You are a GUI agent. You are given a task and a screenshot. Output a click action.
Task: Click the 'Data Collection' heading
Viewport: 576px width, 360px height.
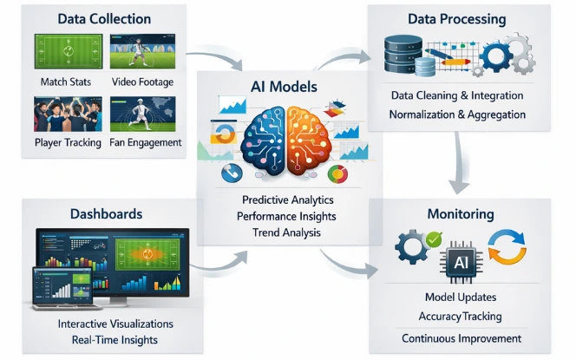click(103, 18)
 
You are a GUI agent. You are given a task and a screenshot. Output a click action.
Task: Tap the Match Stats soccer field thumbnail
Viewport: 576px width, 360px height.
click(60, 53)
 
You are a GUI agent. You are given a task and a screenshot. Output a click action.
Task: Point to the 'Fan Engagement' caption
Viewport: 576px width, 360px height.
click(147, 142)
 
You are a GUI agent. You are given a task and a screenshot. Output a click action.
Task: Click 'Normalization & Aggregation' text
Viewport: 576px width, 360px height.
click(457, 115)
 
